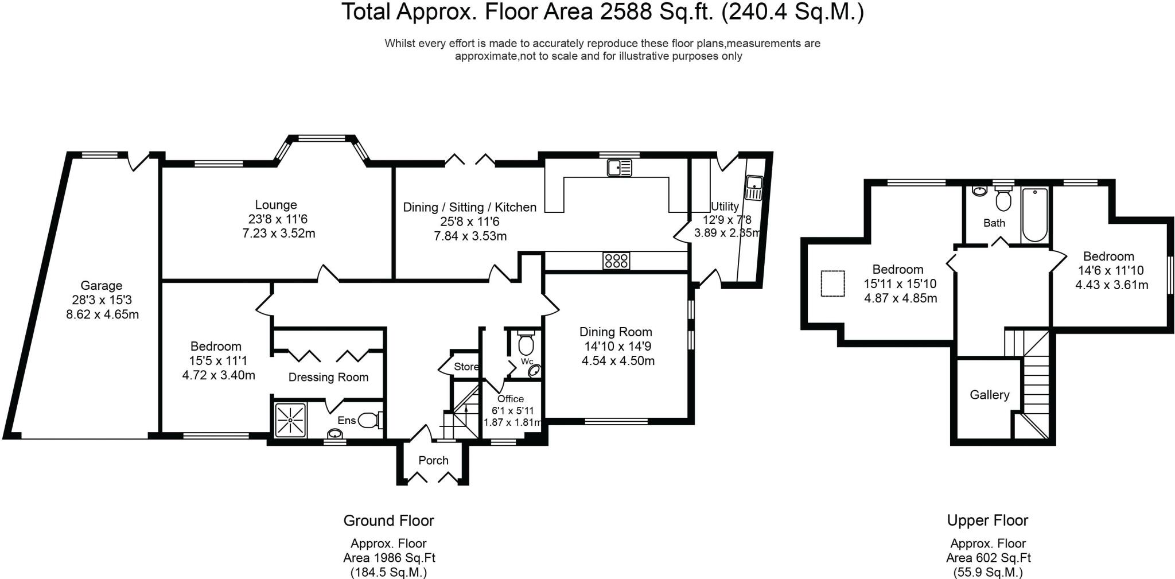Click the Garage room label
101,285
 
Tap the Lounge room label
276,205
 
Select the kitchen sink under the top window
619,168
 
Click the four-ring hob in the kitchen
616,261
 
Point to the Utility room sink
754,188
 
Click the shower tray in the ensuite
291,420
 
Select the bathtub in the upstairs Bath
1034,215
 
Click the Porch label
433,460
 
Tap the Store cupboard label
466,367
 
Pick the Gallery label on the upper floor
990,395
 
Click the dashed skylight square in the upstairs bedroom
833,283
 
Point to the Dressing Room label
328,377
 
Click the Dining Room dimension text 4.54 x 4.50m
618,360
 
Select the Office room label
511,399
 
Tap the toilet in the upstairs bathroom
1003,199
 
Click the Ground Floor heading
388,520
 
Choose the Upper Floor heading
987,520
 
